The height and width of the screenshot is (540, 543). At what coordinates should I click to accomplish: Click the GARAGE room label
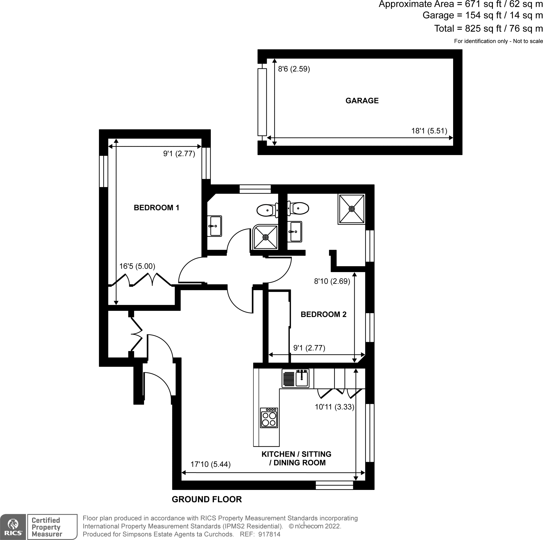pos(362,100)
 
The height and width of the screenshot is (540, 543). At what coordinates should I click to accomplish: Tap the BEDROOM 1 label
pos(156,207)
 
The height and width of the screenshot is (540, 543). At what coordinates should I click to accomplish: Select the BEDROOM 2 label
pos(323,314)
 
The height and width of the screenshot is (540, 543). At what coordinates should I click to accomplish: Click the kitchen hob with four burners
pos(269,418)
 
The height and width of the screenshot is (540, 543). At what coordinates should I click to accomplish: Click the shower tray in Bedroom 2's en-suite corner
pos(351,209)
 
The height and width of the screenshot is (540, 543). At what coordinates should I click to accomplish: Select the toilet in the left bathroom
pos(267,210)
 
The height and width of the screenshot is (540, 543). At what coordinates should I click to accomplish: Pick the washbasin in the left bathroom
pos(215,226)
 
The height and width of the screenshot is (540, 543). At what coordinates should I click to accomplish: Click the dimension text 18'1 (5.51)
pos(429,131)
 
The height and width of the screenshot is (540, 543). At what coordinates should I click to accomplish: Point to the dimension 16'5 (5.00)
pos(137,266)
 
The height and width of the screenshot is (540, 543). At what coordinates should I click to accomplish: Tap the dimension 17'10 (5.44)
pos(210,464)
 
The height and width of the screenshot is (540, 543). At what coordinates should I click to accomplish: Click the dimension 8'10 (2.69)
pos(332,281)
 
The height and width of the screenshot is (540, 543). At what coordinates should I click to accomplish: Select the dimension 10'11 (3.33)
pos(334,407)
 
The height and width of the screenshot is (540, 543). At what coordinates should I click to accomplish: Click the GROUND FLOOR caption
pos(207,499)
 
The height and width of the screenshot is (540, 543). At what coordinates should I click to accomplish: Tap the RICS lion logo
pos(13,527)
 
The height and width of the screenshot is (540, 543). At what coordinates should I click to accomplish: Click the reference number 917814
pos(270,534)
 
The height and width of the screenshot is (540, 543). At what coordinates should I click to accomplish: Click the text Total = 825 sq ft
pos(472,29)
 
